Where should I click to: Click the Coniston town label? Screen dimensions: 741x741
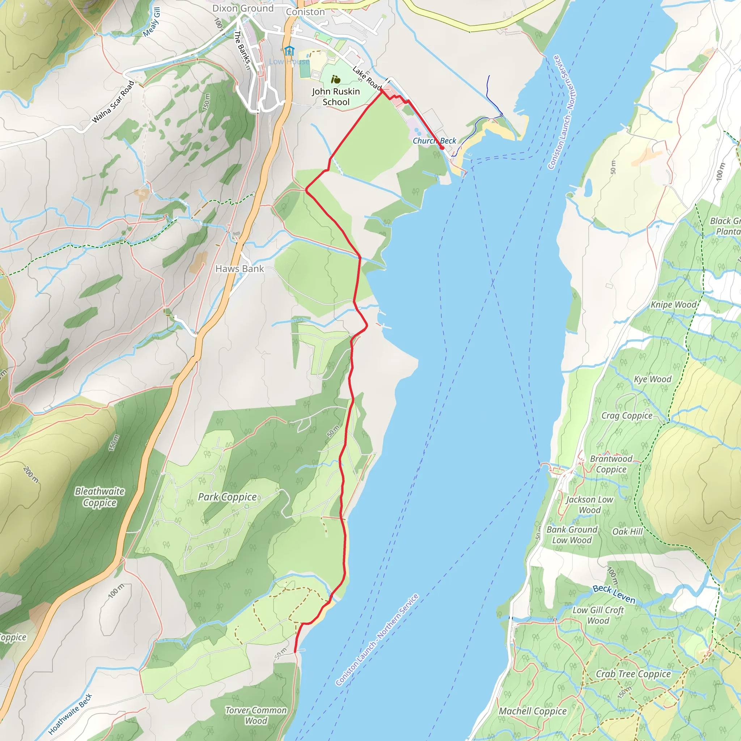(x=305, y=12)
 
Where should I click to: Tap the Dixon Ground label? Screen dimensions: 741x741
(x=243, y=8)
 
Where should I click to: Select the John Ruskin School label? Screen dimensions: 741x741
(x=336, y=97)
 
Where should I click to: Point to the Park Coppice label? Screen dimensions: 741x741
(x=227, y=497)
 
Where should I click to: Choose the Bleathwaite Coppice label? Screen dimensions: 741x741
(x=100, y=497)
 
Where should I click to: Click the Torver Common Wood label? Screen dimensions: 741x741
(x=256, y=715)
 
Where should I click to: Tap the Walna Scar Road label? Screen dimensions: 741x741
(x=113, y=102)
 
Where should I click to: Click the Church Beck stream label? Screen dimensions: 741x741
(x=434, y=141)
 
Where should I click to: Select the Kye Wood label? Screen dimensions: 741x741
(x=653, y=379)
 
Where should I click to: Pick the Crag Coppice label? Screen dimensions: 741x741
(x=627, y=416)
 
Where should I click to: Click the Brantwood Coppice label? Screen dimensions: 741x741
(x=611, y=464)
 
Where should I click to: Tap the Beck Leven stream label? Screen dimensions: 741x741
(x=614, y=594)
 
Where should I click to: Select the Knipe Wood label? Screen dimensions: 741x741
(x=673, y=305)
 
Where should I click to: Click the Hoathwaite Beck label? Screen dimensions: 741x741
(x=70, y=714)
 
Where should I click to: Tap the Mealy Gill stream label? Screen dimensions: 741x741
(x=152, y=22)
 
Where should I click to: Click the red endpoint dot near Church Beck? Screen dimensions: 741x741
(x=442, y=148)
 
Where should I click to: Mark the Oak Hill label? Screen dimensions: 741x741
(x=627, y=532)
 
